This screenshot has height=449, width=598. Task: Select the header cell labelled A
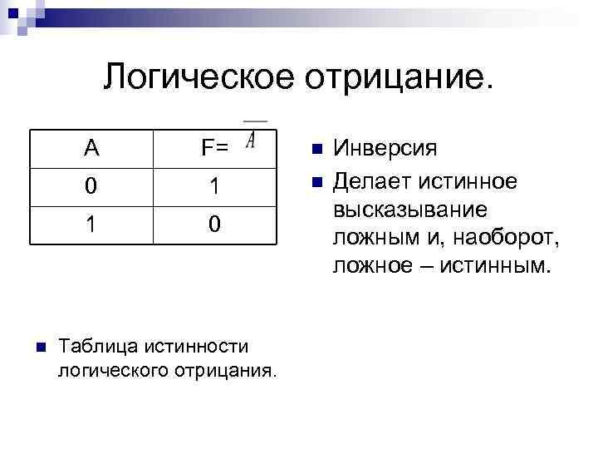91,150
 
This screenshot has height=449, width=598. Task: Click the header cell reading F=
214,150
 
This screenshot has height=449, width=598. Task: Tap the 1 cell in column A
91,224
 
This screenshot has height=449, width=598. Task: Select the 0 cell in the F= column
214,224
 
